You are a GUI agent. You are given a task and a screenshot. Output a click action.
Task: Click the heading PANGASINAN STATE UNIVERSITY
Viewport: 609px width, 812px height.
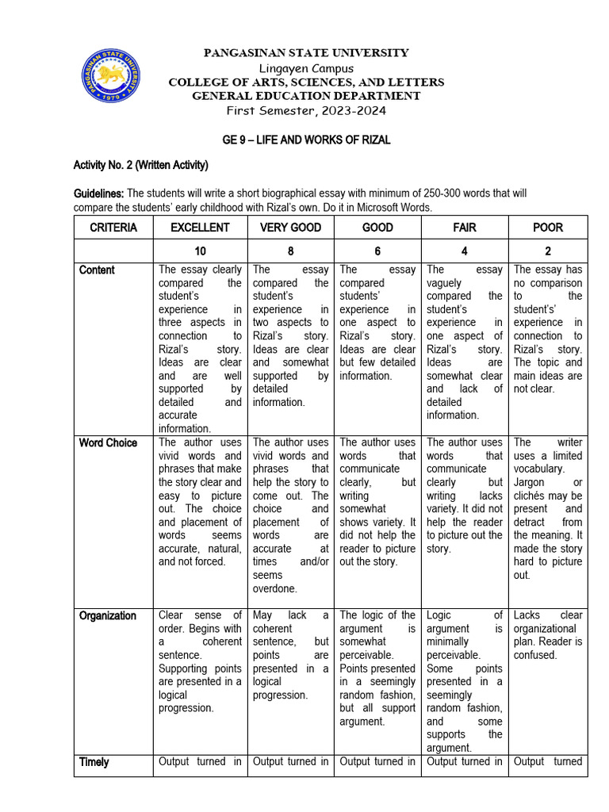tap(306, 53)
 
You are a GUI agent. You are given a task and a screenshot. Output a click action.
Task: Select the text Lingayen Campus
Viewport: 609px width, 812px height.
tap(306, 68)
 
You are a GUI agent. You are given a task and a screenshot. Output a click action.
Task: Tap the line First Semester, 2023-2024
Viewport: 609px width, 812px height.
tap(306, 110)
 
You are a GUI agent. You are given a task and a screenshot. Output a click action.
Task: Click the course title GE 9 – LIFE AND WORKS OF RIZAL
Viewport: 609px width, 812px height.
tap(306, 140)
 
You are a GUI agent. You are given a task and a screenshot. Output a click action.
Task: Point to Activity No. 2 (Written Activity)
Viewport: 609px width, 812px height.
tap(140, 165)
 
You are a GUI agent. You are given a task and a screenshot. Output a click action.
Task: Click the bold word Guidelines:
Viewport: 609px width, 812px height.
tap(99, 193)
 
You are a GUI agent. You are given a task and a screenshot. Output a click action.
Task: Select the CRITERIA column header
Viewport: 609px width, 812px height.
tap(113, 228)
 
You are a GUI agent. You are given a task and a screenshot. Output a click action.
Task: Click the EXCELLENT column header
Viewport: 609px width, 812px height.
tap(201, 228)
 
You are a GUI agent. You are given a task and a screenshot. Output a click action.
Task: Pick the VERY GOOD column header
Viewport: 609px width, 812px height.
tap(291, 228)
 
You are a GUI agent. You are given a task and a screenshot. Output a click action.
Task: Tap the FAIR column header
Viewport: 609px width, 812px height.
tap(464, 228)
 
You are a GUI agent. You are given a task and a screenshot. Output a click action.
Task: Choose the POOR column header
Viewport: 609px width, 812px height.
tap(548, 228)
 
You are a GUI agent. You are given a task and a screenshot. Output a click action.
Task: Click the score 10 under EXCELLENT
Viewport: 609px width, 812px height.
tap(201, 251)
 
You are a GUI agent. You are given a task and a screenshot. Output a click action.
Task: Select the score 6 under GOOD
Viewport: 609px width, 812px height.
tap(377, 251)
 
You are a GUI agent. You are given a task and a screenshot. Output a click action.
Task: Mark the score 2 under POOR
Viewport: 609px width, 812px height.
tap(548, 251)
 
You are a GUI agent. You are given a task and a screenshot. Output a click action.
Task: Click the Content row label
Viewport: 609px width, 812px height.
tap(97, 270)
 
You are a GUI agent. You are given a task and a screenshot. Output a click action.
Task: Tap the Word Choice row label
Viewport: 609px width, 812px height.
tap(108, 442)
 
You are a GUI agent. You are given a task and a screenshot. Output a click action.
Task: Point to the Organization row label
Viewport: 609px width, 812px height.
tap(108, 615)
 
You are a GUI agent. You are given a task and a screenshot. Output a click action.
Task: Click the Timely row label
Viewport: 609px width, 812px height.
tap(94, 762)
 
